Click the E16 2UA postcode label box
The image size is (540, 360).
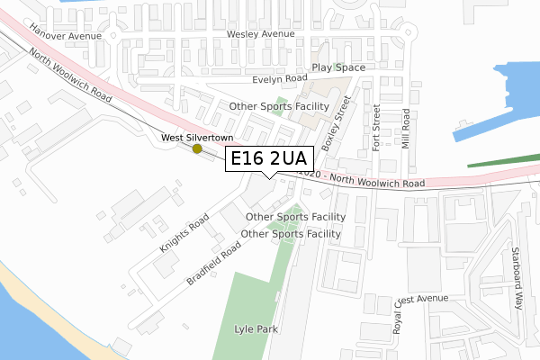coord(269,159)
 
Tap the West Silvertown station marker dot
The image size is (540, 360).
coord(197,148)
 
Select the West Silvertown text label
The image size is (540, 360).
coord(197,137)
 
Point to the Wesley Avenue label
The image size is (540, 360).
coord(261,34)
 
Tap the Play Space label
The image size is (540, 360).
coord(338,67)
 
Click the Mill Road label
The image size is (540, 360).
coord(407,128)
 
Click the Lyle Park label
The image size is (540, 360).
coord(256,329)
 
